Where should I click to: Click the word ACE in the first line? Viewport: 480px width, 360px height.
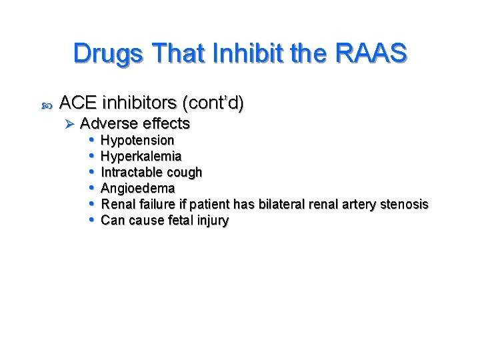coord(78,103)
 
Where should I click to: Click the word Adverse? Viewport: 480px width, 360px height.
coord(107,123)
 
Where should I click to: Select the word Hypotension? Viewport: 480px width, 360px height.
coord(137,140)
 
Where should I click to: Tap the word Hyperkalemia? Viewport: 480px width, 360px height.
coord(141,156)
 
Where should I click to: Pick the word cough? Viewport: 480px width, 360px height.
coord(185,172)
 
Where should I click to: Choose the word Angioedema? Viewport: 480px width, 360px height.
coord(137,188)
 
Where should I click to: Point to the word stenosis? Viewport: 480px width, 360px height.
coord(403,204)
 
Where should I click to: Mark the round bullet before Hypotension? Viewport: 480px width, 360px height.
coord(91,140)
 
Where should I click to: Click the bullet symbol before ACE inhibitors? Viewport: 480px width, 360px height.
coord(45,105)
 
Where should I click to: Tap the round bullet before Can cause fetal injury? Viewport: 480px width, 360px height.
coord(91,220)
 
